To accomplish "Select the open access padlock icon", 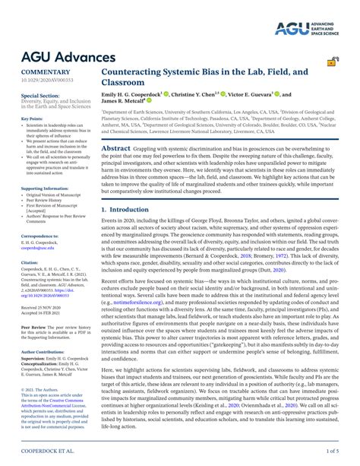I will tap(332, 63).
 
